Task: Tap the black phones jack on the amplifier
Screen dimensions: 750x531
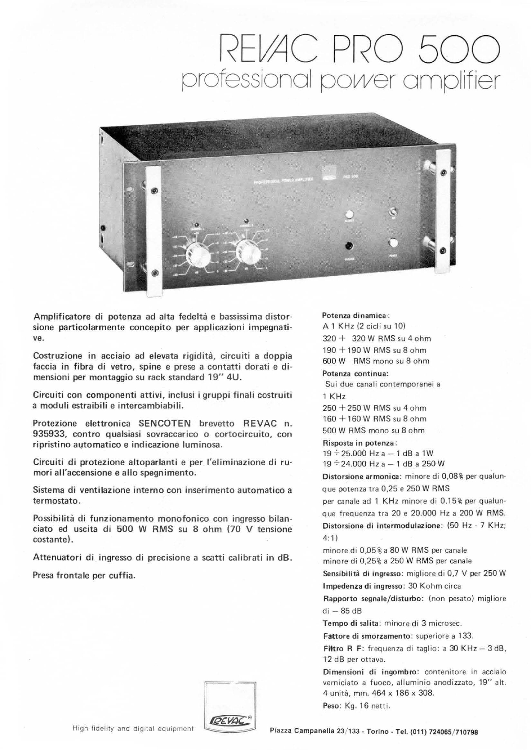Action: click(x=349, y=247)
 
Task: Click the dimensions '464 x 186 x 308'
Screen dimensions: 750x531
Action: click(x=408, y=693)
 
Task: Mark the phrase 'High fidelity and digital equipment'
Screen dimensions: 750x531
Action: click(x=134, y=728)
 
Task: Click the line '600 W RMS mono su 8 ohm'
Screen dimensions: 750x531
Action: click(x=376, y=361)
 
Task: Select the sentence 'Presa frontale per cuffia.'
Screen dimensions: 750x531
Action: click(x=84, y=575)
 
